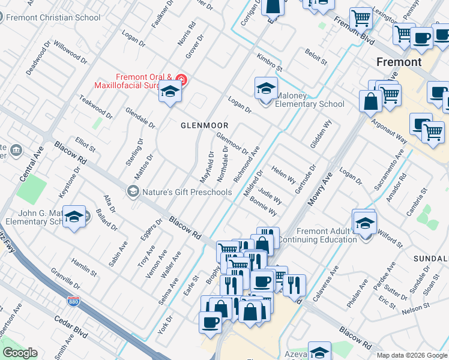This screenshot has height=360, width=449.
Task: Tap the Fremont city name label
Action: pos(399,62)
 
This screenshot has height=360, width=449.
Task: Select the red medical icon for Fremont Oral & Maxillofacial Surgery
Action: pos(182,80)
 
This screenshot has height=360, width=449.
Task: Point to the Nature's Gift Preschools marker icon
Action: pos(133,192)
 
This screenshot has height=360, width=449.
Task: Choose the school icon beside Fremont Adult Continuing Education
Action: pos(364,223)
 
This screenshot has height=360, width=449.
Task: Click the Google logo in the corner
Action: pos(20,353)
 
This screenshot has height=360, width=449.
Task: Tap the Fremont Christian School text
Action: pos(53,17)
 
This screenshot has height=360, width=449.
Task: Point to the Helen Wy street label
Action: pos(283,175)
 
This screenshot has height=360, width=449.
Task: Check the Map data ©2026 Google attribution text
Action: pos(411,355)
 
